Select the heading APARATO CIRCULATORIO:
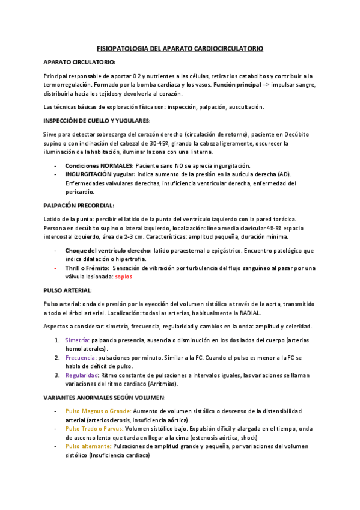[x=79, y=62]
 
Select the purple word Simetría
[x=77, y=340]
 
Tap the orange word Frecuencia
[x=81, y=357]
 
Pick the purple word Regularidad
[x=82, y=375]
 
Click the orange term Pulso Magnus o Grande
[x=95, y=411]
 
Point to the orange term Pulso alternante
[x=88, y=446]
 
